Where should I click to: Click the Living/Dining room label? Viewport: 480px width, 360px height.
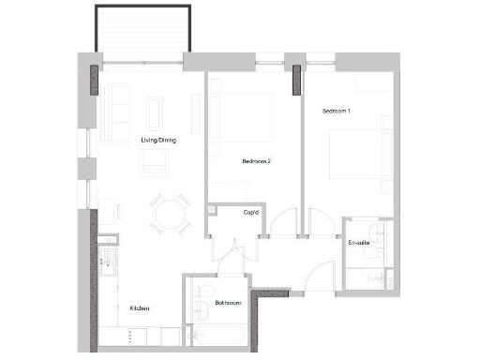157,140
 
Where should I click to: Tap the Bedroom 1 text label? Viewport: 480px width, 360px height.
337,112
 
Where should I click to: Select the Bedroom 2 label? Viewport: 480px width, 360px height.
256,161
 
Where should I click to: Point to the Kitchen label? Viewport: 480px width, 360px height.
141,308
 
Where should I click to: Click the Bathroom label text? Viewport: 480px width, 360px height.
229,303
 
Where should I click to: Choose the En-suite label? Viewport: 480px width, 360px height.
358,244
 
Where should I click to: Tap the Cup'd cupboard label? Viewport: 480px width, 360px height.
250,213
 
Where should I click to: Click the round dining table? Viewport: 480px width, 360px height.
170,214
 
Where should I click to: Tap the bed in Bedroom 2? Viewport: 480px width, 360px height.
246,122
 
